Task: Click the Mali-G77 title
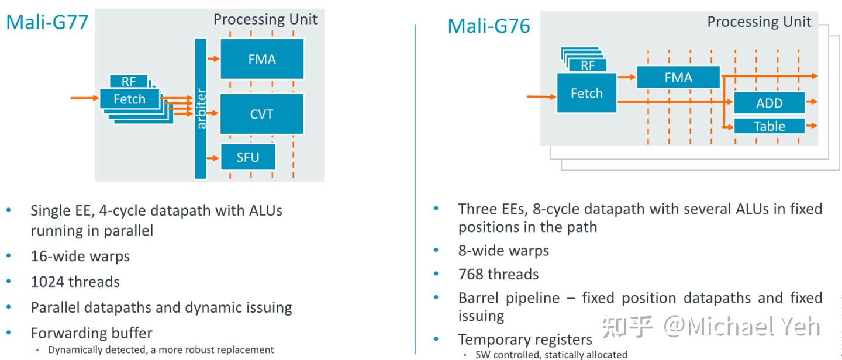[47, 22]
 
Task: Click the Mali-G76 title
[489, 26]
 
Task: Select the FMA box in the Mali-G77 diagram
[261, 59]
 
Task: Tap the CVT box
[261, 114]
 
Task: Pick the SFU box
[247, 157]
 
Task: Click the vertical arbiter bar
[201, 109]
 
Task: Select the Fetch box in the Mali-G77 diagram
[129, 99]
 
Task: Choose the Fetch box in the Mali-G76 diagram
[586, 94]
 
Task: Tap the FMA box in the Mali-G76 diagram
[678, 78]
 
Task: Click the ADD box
[769, 103]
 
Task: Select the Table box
[769, 126]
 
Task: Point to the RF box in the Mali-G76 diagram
[587, 65]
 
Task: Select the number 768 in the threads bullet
[474, 274]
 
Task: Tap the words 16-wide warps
[80, 256]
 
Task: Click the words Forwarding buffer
[91, 333]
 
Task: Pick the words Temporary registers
[525, 340]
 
